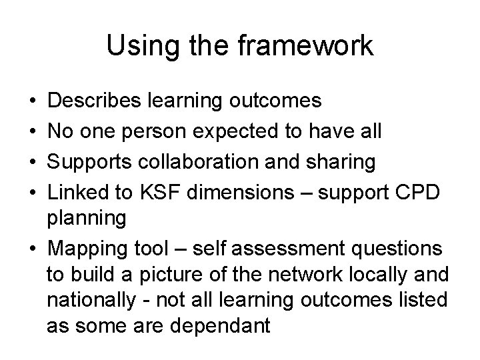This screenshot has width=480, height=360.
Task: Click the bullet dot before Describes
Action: click(33, 101)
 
